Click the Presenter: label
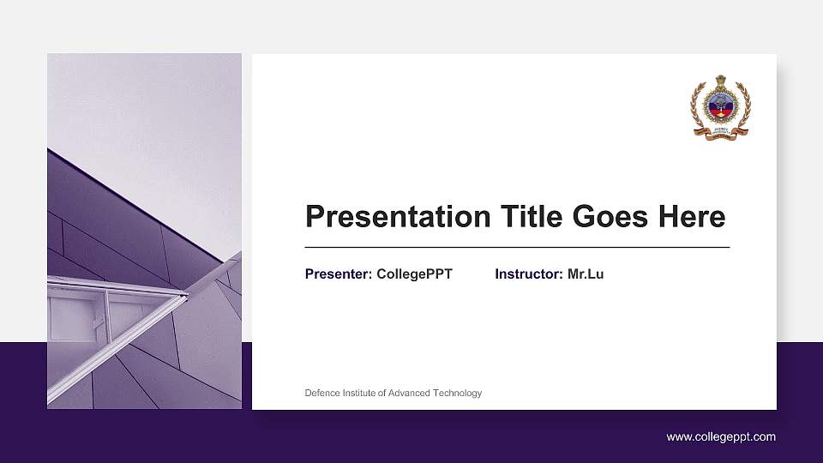[339, 274]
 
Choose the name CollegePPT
[414, 274]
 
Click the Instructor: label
[529, 274]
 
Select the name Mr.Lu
[586, 274]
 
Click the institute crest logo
[719, 107]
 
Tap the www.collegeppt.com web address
[721, 437]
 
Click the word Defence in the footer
[321, 393]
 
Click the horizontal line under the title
[517, 247]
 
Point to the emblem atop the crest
[720, 82]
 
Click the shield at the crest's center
[719, 108]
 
